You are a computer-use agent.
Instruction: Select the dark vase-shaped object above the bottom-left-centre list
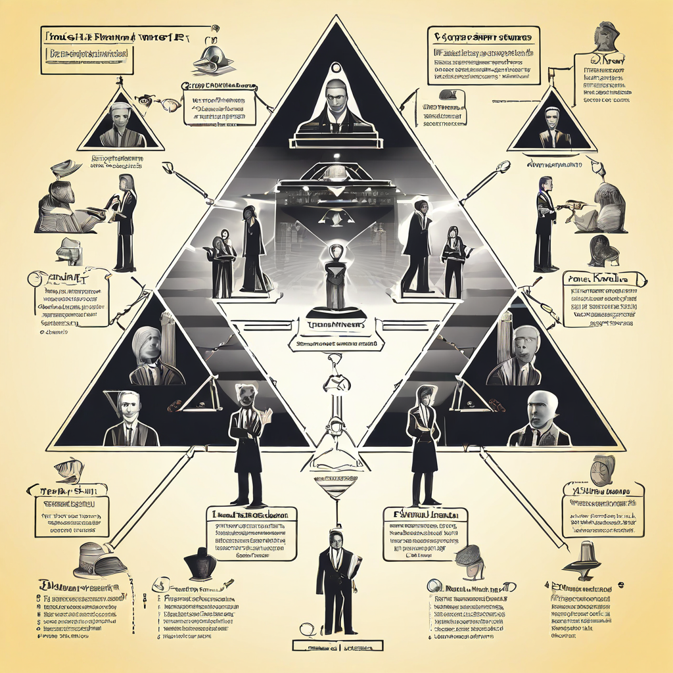tap(201, 564)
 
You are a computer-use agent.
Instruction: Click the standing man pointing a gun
tap(545, 223)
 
